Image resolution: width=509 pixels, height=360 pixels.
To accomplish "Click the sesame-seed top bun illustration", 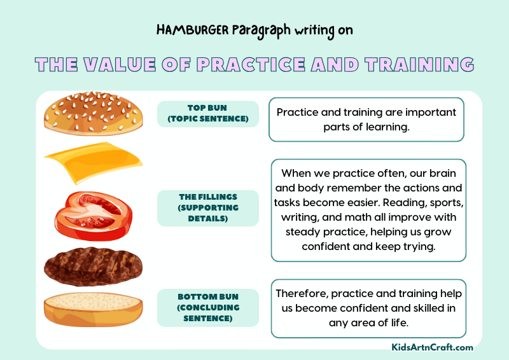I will point(94,114).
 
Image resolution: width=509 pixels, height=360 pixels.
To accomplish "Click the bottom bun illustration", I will point(93,308).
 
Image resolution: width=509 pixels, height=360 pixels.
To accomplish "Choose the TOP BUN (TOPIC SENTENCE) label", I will point(207,113).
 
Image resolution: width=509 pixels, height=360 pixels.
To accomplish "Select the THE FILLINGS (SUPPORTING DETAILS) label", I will point(207,208).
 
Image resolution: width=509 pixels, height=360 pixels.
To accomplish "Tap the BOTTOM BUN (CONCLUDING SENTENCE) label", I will point(207,307).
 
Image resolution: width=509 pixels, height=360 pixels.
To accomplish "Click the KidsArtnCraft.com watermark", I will point(432,347).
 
